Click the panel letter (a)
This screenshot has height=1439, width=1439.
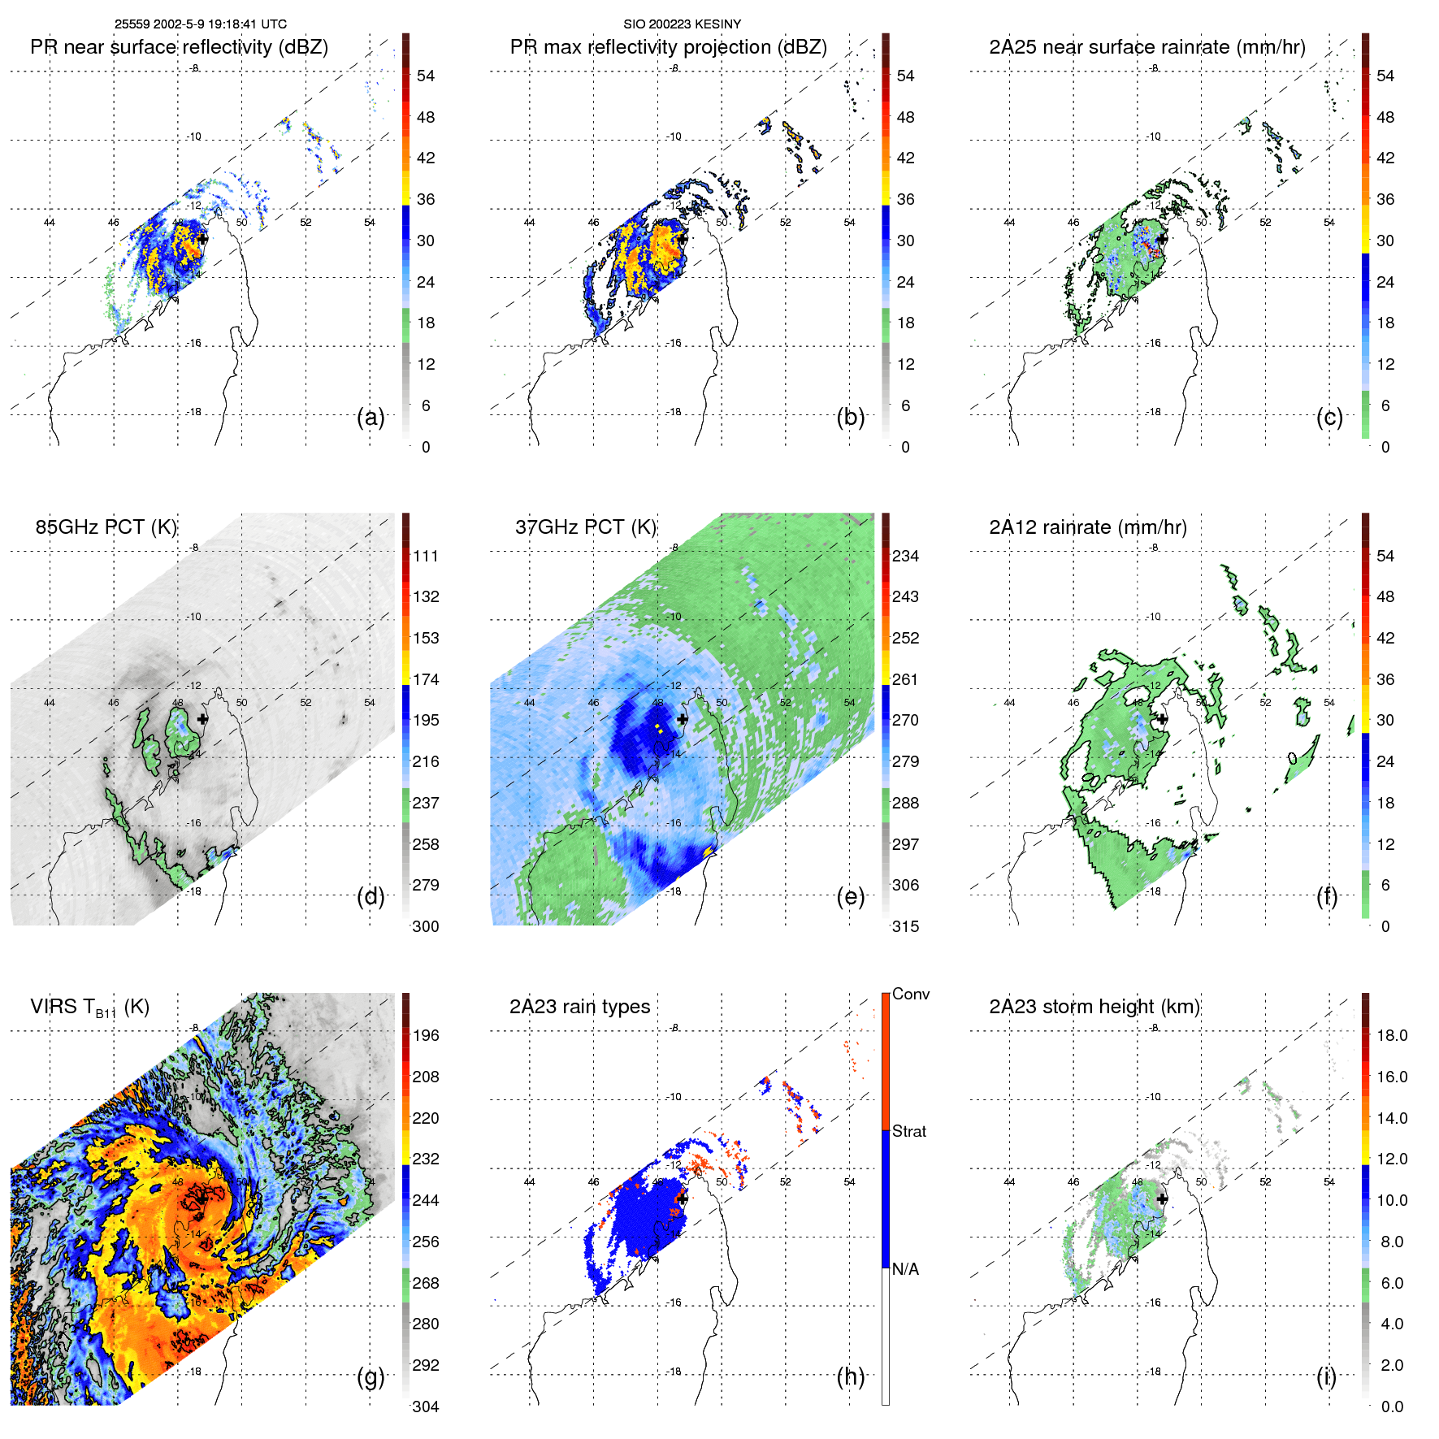point(370,418)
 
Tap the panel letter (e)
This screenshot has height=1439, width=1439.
point(850,897)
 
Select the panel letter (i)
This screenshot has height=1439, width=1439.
point(1326,1376)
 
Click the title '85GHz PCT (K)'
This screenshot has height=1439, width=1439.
point(106,527)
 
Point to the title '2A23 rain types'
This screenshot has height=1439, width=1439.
point(579,1007)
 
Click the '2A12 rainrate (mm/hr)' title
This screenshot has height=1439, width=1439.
point(1087,527)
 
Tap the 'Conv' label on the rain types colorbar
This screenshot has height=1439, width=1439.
point(910,995)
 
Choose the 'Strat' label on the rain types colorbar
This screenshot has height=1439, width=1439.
point(908,1131)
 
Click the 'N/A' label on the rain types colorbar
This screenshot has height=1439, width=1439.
point(906,1269)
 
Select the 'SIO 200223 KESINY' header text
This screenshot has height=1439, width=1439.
point(682,24)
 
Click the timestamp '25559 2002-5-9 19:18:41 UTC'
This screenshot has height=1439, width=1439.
point(201,24)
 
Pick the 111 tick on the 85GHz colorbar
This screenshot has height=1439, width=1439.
point(426,556)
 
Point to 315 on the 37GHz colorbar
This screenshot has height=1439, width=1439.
point(905,926)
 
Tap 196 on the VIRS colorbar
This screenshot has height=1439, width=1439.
point(426,1035)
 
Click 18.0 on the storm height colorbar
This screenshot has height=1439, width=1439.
point(1391,1035)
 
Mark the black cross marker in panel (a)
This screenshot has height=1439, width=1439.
point(202,239)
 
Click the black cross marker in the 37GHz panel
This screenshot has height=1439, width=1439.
point(682,719)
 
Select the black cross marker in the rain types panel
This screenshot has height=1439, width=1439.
point(683,1198)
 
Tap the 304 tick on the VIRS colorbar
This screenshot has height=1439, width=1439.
point(426,1406)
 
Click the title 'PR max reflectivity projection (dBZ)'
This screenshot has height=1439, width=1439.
point(668,47)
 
